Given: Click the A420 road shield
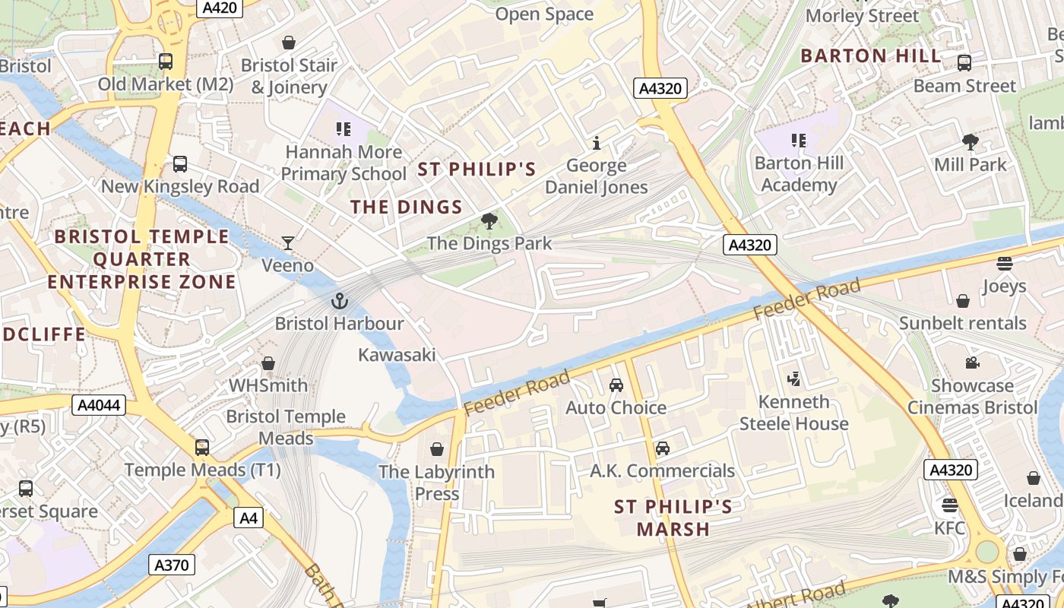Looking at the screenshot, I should pos(219,8).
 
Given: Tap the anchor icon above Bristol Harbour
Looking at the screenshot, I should pos(339,302).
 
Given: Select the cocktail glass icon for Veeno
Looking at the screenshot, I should pos(288,243).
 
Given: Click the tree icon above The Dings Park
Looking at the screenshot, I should pos(489,222).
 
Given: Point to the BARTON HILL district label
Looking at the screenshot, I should pos(870,55).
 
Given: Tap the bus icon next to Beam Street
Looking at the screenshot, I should pos(964,63).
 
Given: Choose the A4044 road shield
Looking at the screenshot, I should pos(100,405).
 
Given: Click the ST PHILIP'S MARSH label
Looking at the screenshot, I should pos(673,518).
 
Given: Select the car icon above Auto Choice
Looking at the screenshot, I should pos(616,385).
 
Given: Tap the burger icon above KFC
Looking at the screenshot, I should pos(949,505).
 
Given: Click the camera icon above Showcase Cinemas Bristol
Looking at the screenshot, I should pos(972,363).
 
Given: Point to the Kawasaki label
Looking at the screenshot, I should pos(397,355).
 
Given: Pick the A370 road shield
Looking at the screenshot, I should pos(171,565).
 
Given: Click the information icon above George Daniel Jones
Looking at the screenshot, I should pos(597,143).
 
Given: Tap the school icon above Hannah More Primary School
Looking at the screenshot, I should pos(343,130).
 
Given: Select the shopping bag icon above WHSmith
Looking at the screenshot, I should pos(268,363).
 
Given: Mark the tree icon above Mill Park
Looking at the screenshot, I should pos(970,141).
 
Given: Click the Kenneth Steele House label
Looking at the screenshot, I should pos(793,413).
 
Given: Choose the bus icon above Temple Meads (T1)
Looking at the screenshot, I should pos(202,448).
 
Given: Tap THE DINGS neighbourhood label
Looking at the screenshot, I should pos(406,207).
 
